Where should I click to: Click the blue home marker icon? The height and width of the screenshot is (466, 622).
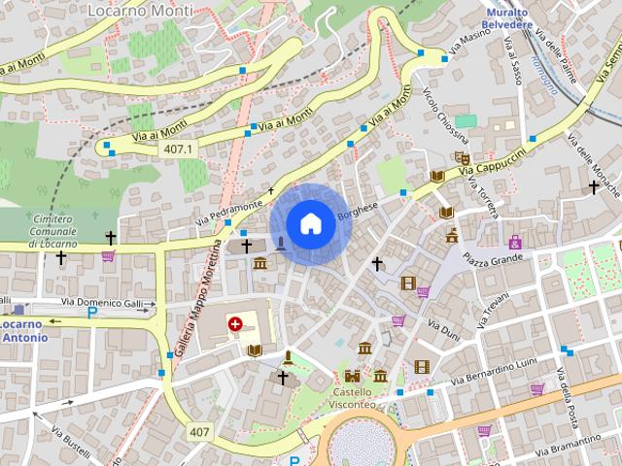coord(309,223)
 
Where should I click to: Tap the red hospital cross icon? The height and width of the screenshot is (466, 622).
coord(235,323)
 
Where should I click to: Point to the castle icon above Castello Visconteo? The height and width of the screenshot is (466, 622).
coord(352,376)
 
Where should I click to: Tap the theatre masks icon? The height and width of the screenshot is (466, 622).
coord(462,158)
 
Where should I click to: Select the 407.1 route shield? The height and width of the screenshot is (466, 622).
coord(178,149)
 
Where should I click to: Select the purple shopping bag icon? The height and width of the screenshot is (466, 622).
coord(514,241)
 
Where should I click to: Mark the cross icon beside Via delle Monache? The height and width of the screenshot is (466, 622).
coord(594,184)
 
